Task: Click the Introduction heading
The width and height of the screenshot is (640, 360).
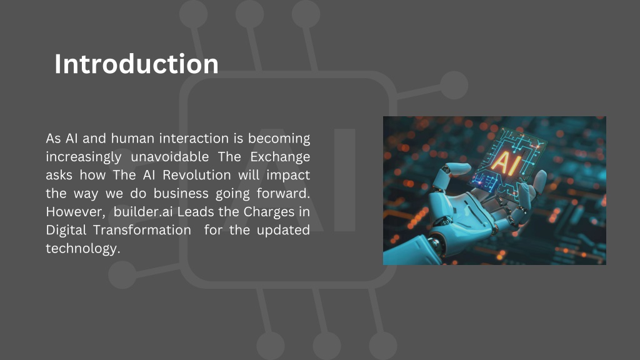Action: (x=136, y=64)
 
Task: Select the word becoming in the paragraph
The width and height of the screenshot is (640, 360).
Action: (x=279, y=139)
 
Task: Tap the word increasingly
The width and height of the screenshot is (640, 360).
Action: (x=84, y=157)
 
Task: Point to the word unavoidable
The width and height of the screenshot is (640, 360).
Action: (x=170, y=157)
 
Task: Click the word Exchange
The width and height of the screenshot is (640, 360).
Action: (x=280, y=157)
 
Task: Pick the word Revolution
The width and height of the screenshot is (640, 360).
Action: (x=197, y=175)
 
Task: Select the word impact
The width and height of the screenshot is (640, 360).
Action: (x=288, y=176)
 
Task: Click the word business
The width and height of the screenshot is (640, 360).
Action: (x=181, y=194)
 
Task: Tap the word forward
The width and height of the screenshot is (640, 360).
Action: (x=283, y=194)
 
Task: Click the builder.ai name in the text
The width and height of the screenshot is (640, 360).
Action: (x=143, y=212)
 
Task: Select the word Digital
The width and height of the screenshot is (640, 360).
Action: (x=66, y=230)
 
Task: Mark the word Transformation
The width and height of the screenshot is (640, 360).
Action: (x=142, y=230)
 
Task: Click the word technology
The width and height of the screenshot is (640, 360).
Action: (x=83, y=249)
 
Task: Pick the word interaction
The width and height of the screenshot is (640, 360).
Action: (x=194, y=138)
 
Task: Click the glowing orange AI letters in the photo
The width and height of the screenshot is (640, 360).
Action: (x=506, y=162)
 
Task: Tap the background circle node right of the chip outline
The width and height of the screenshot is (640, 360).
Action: (x=454, y=85)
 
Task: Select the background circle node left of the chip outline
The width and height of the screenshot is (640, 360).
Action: (x=122, y=275)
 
